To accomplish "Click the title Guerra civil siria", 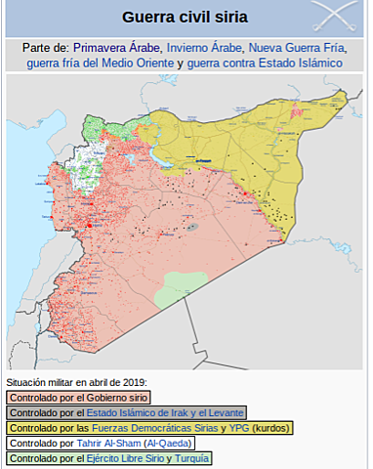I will coord(185,18).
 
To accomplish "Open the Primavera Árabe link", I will coord(115,47).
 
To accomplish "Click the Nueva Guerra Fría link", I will coord(295,47).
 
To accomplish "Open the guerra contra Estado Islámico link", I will coord(266,63).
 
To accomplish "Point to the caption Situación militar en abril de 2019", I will coord(75,382).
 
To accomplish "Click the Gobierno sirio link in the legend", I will coord(114,398).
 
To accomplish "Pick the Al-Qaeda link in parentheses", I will coord(200,443).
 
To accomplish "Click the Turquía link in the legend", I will coord(188,458).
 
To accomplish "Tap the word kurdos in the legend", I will coord(272,428).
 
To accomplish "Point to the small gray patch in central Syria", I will coord(194,227).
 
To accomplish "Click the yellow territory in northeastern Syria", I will coord(264,147).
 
